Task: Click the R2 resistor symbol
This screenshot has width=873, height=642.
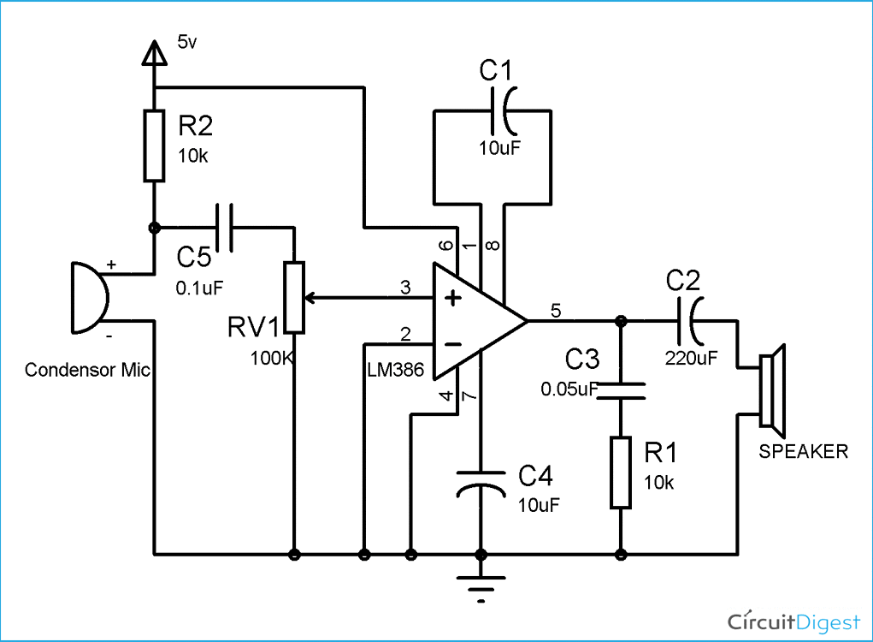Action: pyautogui.click(x=154, y=146)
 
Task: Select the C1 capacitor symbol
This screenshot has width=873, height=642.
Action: pyautogui.click(x=505, y=110)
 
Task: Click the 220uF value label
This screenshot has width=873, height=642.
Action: pyautogui.click(x=691, y=359)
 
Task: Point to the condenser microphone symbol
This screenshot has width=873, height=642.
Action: pyautogui.click(x=90, y=298)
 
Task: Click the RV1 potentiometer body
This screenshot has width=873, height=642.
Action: pyautogui.click(x=294, y=298)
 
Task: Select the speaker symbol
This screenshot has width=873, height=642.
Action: pyautogui.click(x=773, y=387)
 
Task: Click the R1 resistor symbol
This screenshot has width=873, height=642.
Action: pyautogui.click(x=621, y=472)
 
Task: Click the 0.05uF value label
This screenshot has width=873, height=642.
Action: pyautogui.click(x=569, y=389)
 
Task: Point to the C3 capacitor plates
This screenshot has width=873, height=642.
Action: pyautogui.click(x=621, y=390)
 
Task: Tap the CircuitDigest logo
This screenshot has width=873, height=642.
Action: pyautogui.click(x=794, y=619)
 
